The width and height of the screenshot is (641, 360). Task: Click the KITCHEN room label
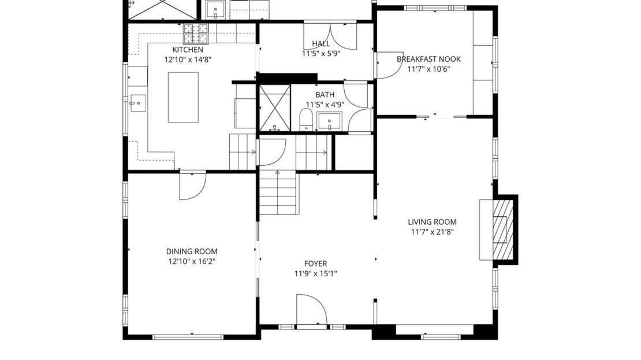pos(188,50)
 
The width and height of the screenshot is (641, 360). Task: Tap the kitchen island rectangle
pos(183,97)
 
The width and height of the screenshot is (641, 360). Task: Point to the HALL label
pos(320,44)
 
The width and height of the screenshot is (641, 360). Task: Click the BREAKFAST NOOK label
pos(428,59)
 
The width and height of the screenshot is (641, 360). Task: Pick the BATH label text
pos(325,95)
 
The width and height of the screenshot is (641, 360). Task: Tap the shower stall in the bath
pos(274,108)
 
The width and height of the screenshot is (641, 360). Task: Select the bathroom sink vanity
pos(330,121)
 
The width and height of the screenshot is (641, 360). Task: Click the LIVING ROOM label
pos(432,222)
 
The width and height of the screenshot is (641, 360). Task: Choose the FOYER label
pos(315,263)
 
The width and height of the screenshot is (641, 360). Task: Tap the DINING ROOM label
pos(192,251)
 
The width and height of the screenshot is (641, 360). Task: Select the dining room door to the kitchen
pos(192,185)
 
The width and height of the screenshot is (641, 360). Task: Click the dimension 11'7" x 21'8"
pos(432,232)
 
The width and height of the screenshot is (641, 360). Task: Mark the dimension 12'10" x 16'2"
pos(192,262)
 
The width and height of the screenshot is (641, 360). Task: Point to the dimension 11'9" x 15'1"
pos(315,274)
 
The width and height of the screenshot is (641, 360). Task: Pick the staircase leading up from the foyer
pos(278,193)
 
